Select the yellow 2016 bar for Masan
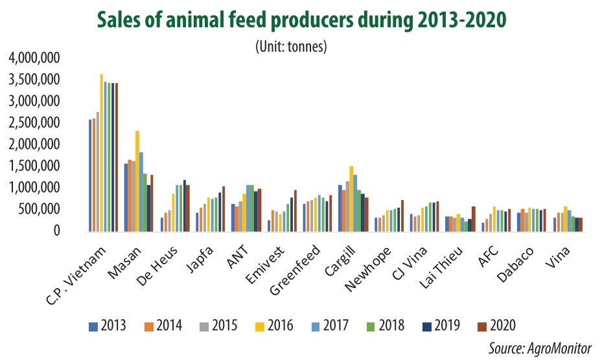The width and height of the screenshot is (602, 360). coord(137,181)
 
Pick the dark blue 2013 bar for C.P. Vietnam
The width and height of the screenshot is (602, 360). coord(90,175)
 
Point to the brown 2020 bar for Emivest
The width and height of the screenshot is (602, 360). coord(295,210)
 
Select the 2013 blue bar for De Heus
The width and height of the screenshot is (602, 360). coord(161,223)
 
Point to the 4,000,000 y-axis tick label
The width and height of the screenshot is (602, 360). coord(34,58)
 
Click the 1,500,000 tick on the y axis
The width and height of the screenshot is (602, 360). coord(34,166)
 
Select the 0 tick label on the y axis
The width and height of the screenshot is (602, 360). coord(57,231)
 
